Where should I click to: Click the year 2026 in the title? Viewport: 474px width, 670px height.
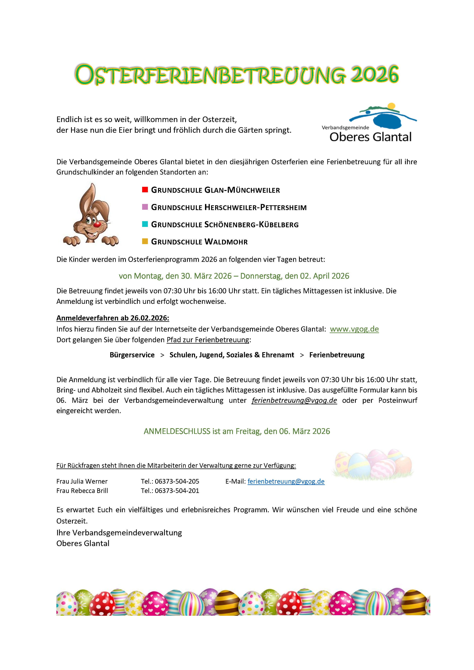[x=374, y=75]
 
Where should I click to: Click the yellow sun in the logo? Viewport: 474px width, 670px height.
[x=391, y=106]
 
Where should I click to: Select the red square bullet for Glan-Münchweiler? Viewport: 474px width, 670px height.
[x=145, y=190]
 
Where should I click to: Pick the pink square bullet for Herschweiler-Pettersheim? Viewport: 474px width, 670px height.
[x=145, y=207]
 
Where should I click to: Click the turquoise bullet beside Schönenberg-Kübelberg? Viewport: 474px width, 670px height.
[x=145, y=224]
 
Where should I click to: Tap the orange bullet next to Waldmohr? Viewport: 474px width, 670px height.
[x=145, y=241]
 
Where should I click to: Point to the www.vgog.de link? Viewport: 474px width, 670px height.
[x=354, y=329]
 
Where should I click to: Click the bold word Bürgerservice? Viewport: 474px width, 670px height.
[x=132, y=355]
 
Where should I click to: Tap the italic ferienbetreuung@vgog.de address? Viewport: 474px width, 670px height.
[x=294, y=400]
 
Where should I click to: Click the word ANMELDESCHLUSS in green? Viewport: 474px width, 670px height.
[x=177, y=431]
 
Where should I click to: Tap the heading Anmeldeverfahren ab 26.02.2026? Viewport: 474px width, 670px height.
[x=113, y=318]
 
